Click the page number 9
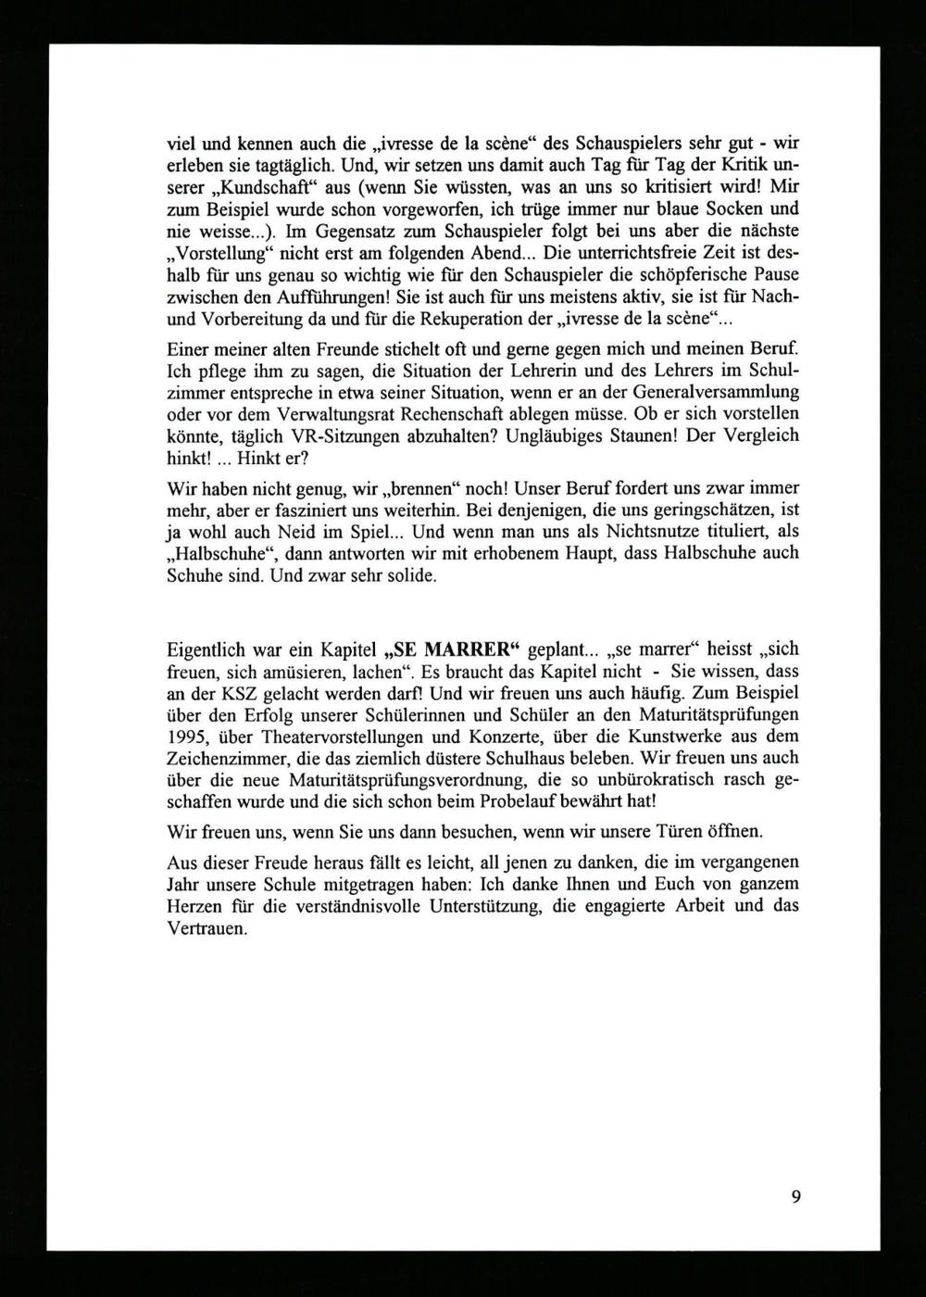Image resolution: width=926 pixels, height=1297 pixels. pos(795,1195)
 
